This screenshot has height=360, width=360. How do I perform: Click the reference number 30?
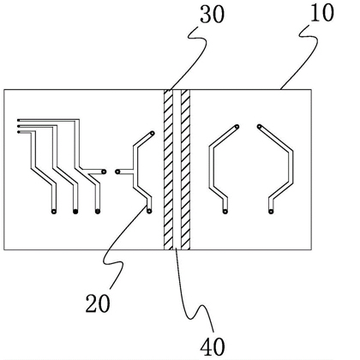pos(212,15)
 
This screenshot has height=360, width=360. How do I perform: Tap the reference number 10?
pos(321,13)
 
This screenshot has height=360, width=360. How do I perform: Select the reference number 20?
pos(98,303)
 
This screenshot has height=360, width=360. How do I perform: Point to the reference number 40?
pos(213,347)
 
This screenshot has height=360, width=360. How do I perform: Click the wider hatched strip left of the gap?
pos(168,170)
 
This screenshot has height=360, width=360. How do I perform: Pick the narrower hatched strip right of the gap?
pos(186,170)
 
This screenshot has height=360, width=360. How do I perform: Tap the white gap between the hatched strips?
pos(177,170)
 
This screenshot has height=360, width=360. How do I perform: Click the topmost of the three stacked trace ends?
pos(19,120)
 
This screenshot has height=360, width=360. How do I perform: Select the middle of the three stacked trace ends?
pos(19,126)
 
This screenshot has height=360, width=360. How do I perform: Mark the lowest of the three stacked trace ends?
pos(19,132)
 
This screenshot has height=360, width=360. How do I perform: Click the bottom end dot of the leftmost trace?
pos(54,212)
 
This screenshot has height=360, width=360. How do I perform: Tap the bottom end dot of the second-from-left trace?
pos(75,212)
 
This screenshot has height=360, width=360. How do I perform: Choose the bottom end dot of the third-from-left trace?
pos(98,212)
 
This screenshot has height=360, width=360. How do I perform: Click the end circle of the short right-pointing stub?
pos(104,171)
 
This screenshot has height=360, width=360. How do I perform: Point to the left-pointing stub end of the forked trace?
pos(117,171)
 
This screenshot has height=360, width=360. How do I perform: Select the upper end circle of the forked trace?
pos(153,133)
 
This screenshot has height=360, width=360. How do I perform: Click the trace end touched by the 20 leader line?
pos(149,211)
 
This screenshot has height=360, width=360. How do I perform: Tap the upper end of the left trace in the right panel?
pos(237,127)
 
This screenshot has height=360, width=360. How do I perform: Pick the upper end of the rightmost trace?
pos(259,126)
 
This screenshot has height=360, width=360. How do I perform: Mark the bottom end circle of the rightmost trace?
pos(271,212)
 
